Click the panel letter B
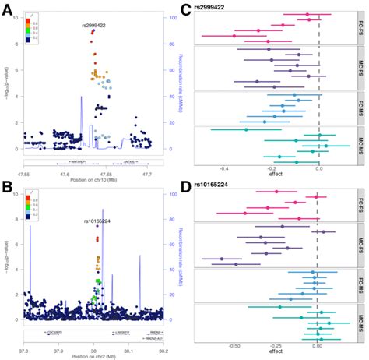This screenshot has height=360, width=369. pos(7,189)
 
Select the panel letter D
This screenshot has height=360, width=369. pos(185,188)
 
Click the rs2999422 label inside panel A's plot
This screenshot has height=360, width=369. pos(94,26)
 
